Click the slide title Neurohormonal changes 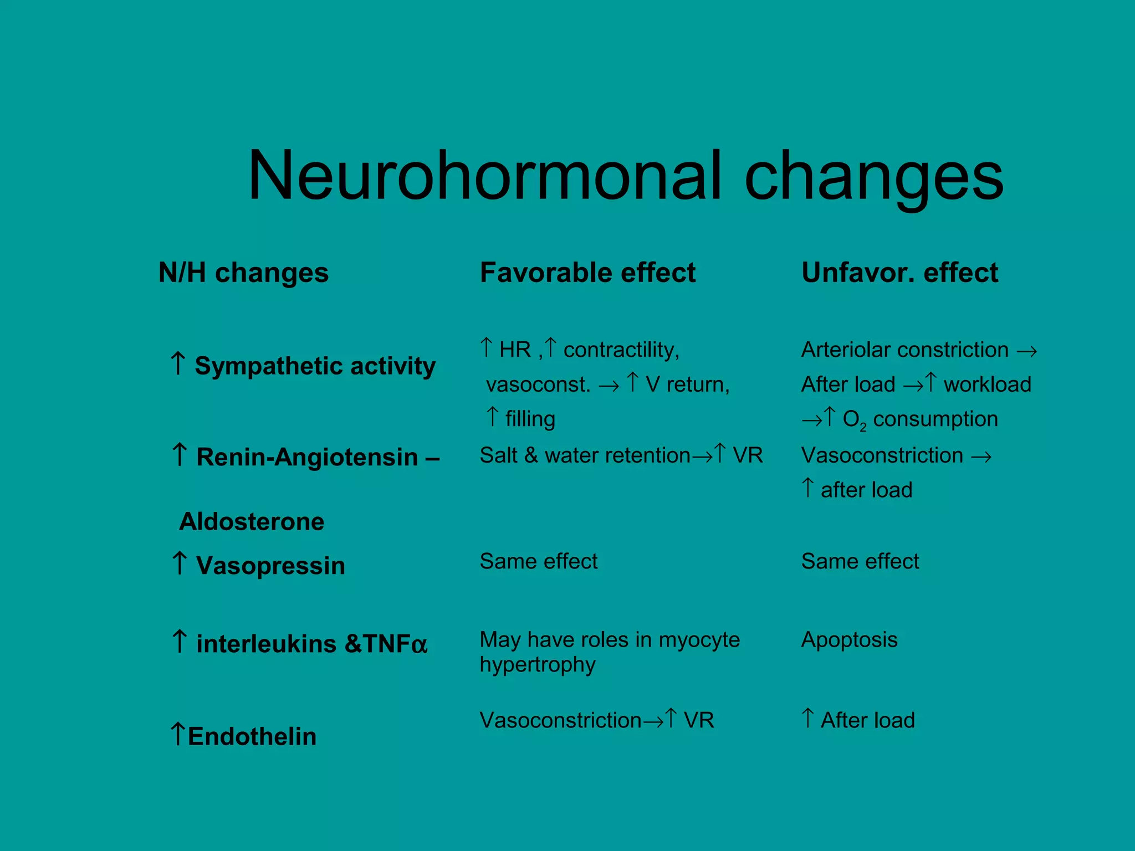click(x=625, y=176)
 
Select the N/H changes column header click(x=243, y=273)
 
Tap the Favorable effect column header click(x=587, y=273)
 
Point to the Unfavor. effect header click(x=899, y=273)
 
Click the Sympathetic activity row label click(x=315, y=366)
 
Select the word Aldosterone click(x=252, y=522)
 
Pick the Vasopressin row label click(x=270, y=566)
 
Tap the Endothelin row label click(x=252, y=736)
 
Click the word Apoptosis click(x=849, y=640)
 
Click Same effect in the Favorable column click(x=539, y=561)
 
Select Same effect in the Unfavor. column click(x=860, y=561)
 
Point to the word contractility click(x=621, y=350)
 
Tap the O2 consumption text click(x=920, y=419)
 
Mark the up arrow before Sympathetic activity click(x=178, y=363)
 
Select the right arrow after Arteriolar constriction click(x=1027, y=351)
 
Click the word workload click(x=988, y=385)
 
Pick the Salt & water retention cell click(x=585, y=455)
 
